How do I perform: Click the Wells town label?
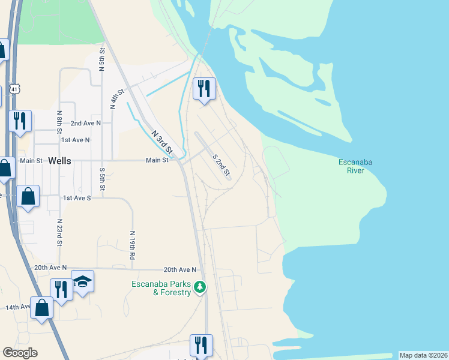coord(62,161)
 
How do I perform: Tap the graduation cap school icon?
coord(82,281)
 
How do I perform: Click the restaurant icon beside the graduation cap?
coord(61,289)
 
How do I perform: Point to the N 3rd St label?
coord(161,141)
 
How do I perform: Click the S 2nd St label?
coord(221,165)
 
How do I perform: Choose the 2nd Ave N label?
coord(85,122)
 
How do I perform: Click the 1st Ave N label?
coord(75,140)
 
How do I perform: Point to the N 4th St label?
coord(116,98)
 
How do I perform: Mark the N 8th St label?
coord(59,122)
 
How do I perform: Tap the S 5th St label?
coord(103,179)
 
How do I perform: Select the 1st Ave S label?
coord(77,197)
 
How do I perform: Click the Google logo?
coord(20,353)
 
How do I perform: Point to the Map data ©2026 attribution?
coord(423,355)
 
